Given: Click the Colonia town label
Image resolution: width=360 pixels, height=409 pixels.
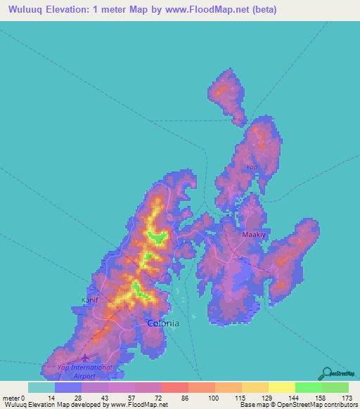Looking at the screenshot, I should pyautogui.click(x=163, y=323).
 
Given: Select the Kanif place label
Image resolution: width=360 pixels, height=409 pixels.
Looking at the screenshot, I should pyautogui.click(x=91, y=299).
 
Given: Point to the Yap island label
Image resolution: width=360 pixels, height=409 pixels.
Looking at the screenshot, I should pyautogui.click(x=252, y=167).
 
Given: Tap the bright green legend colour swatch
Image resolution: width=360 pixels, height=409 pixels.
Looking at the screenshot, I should pyautogui.click(x=309, y=387).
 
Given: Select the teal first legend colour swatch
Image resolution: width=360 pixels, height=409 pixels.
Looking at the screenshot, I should pyautogui.click(x=41, y=387).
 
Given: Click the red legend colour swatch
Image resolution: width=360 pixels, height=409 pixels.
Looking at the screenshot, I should pyautogui.click(x=174, y=387).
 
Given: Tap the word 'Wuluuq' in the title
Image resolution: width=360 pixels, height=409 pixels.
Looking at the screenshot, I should pyautogui.click(x=23, y=10).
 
